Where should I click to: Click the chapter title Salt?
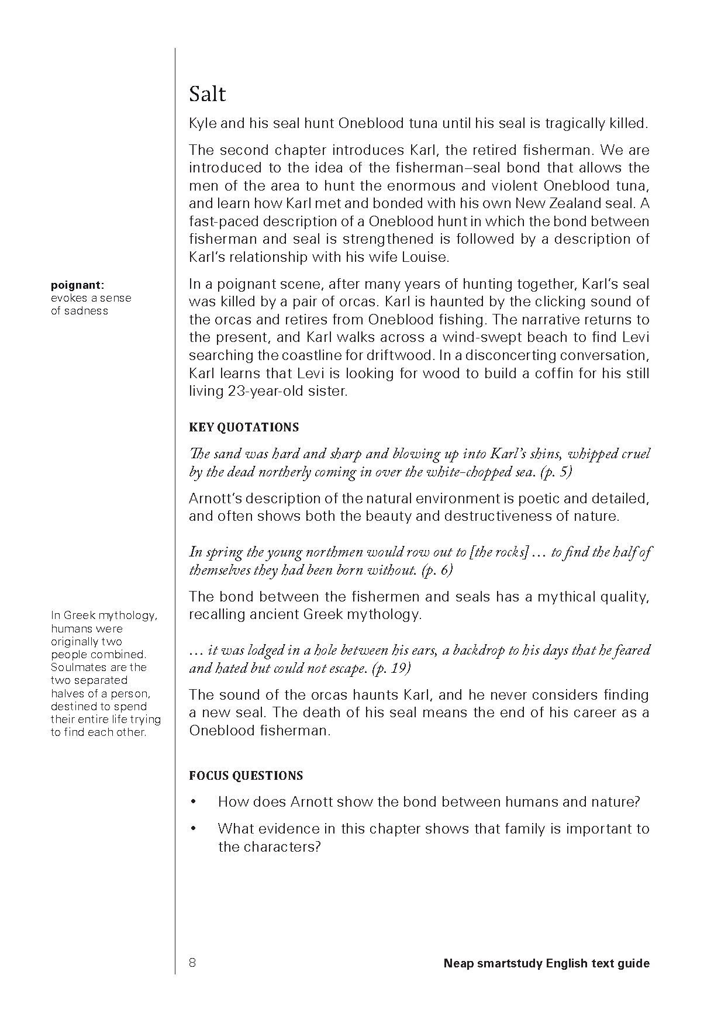point(208,94)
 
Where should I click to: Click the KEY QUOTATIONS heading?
point(244,427)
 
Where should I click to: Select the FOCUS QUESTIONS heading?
point(246,776)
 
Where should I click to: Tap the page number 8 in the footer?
point(192,963)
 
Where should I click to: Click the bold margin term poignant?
point(77,285)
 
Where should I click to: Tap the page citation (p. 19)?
point(391,669)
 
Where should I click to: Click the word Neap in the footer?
point(457,963)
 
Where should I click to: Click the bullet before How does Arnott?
point(193,802)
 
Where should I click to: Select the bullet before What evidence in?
point(193,829)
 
